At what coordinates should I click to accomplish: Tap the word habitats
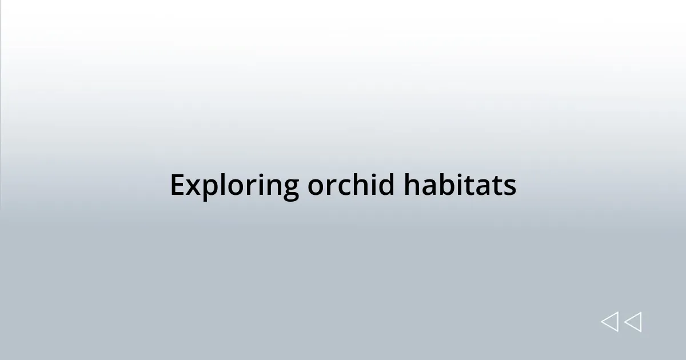pos(460,185)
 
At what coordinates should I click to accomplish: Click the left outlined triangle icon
pos(609,322)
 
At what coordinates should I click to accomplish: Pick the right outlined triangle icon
pos(633,322)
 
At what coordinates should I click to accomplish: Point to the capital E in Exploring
pos(177,185)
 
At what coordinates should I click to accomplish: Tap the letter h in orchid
pos(358,185)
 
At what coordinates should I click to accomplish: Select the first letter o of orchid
pos(316,187)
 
